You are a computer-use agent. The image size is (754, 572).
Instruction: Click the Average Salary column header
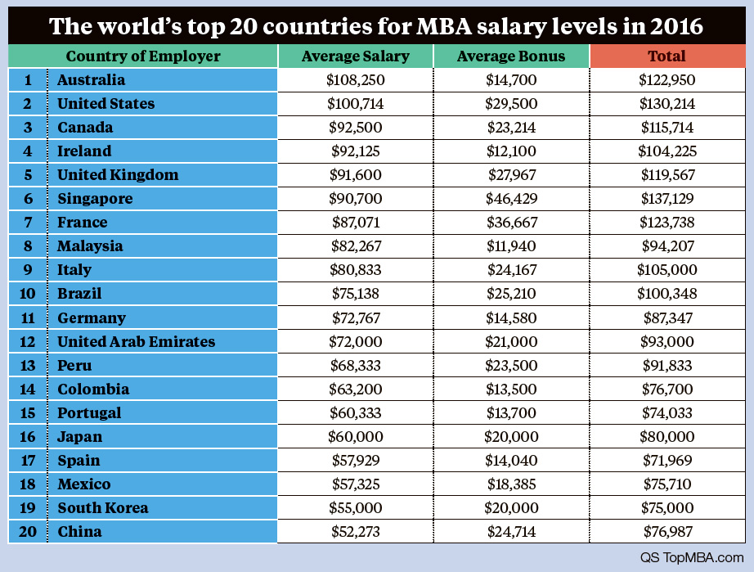pyautogui.click(x=355, y=56)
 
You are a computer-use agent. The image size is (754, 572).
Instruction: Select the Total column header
pyautogui.click(x=666, y=56)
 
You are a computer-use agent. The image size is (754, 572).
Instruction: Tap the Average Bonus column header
pyautogui.click(x=510, y=56)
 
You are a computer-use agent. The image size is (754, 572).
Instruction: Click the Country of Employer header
pyautogui.click(x=143, y=56)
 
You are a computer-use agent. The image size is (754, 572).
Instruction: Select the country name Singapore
pyautogui.click(x=95, y=199)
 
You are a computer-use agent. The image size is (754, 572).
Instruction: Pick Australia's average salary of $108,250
pyautogui.click(x=355, y=80)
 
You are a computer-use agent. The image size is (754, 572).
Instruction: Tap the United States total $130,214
pyautogui.click(x=666, y=104)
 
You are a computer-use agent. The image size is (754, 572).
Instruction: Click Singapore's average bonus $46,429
pyautogui.click(x=510, y=199)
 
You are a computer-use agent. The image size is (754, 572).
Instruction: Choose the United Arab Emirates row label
pyautogui.click(x=136, y=341)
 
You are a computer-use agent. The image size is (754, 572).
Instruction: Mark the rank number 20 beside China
pyautogui.click(x=28, y=531)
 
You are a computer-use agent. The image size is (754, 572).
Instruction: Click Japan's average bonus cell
pyautogui.click(x=510, y=436)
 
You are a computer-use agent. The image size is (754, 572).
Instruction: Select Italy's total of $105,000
pyautogui.click(x=666, y=270)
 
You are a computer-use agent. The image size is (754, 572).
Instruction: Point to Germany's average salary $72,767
pyautogui.click(x=355, y=318)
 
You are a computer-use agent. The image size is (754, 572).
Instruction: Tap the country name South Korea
pyautogui.click(x=103, y=507)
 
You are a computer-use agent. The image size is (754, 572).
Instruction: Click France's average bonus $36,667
pyautogui.click(x=510, y=223)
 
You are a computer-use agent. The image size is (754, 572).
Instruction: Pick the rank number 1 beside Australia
pyautogui.click(x=28, y=80)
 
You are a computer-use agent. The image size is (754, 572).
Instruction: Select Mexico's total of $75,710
pyautogui.click(x=666, y=484)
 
